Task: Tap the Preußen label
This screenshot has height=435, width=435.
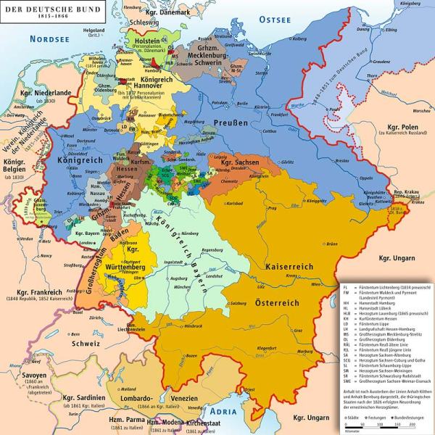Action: click(x=231, y=124)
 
